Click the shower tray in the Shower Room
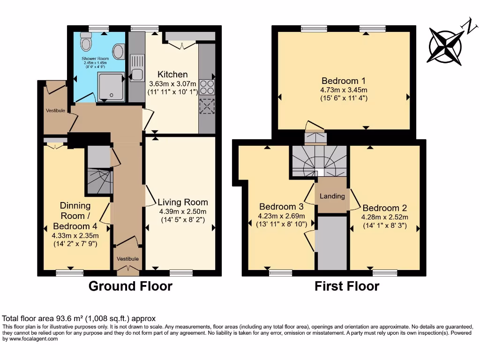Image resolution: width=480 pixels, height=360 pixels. pyautogui.click(x=111, y=86)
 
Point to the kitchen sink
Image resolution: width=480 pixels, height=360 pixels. pyautogui.click(x=137, y=74)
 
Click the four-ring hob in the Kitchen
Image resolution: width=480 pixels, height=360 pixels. pyautogui.click(x=207, y=87)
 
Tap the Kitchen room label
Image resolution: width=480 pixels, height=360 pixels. pyautogui.click(x=172, y=75)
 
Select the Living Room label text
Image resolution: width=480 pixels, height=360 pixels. pyautogui.click(x=182, y=202)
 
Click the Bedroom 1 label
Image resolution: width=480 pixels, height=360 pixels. pyautogui.click(x=343, y=80)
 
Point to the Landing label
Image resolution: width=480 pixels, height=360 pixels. pyautogui.click(x=332, y=196)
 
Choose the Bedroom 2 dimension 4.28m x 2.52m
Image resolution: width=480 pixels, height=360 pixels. pyautogui.click(x=384, y=217)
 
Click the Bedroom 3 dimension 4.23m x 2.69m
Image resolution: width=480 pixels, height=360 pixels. pyautogui.click(x=281, y=216)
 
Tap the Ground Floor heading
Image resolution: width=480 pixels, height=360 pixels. pyautogui.click(x=130, y=286)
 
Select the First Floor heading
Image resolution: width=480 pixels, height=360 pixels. pyautogui.click(x=346, y=286)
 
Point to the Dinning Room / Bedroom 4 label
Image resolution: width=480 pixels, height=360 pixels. pyautogui.click(x=75, y=215)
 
